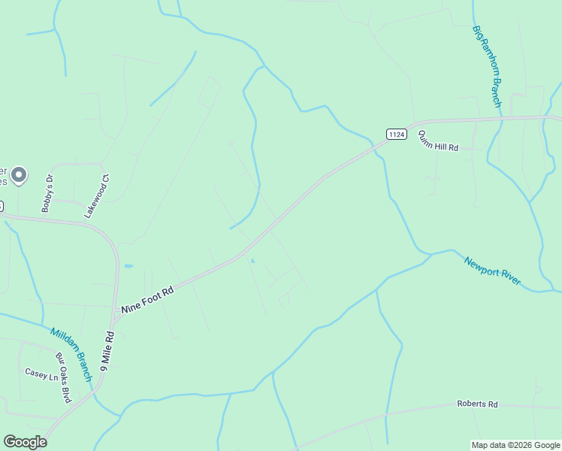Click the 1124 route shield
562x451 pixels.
click(397, 134)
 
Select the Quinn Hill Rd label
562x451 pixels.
click(437, 141)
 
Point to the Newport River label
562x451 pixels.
click(492, 271)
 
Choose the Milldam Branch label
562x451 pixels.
click(71, 354)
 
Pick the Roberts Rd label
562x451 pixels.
click(477, 404)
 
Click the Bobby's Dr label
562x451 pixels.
click(48, 192)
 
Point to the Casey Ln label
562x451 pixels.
click(41, 374)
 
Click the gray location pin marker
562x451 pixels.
click(19, 175)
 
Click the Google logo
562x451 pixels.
click(25, 442)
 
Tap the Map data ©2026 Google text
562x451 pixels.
click(515, 445)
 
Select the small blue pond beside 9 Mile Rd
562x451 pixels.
click(127, 266)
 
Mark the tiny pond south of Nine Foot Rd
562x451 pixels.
click(253, 262)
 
